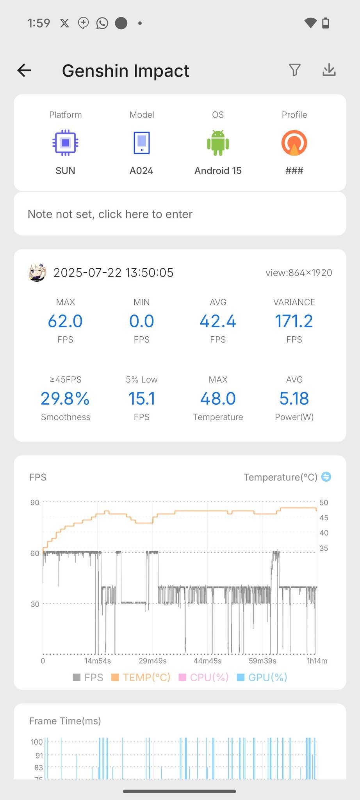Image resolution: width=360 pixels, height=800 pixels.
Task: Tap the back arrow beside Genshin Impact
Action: tap(24, 70)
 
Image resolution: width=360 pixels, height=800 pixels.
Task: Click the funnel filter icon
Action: tap(295, 70)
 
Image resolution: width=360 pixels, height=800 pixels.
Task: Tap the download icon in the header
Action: tap(329, 70)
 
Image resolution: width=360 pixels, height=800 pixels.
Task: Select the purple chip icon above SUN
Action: tap(65, 143)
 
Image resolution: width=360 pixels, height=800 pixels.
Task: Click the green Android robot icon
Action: tap(218, 143)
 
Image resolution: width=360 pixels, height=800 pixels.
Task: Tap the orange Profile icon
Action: tap(294, 143)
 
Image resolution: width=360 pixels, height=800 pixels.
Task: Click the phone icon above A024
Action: tap(141, 143)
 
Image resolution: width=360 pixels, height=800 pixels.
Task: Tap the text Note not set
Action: tap(110, 214)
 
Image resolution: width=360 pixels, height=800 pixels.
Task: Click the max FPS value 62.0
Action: tap(65, 321)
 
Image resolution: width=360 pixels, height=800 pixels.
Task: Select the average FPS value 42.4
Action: tap(218, 321)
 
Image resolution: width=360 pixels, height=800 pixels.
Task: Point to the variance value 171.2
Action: tap(294, 321)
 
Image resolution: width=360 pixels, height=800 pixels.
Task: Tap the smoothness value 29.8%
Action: tap(65, 398)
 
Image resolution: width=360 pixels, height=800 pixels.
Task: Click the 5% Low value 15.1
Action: tap(141, 398)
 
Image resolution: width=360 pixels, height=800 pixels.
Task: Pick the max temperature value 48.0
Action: tap(218, 398)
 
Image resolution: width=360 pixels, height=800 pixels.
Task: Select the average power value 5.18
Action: tap(294, 398)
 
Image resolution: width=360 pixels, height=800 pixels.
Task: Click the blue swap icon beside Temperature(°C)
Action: tap(326, 477)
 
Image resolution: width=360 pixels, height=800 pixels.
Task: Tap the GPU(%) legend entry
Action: tap(262, 677)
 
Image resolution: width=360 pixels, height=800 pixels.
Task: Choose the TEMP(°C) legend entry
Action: tap(141, 677)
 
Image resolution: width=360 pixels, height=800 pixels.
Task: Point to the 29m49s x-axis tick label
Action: tap(153, 661)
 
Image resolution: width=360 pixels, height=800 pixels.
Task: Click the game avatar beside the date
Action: tap(37, 272)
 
